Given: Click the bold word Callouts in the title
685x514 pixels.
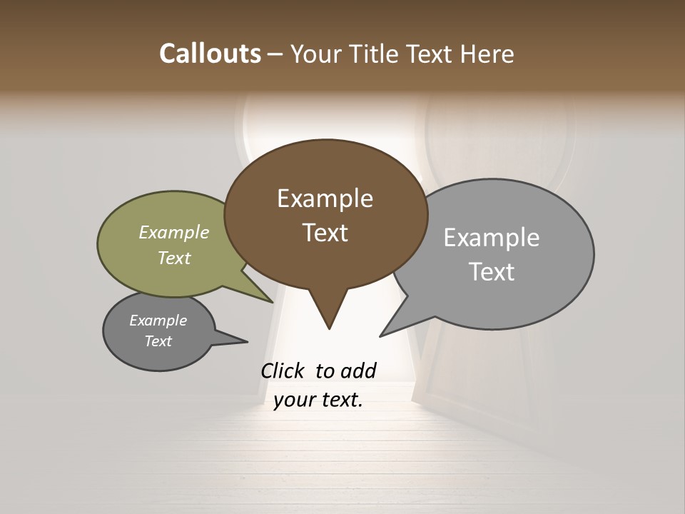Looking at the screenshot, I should coord(210,54).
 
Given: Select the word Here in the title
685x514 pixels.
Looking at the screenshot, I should coord(488,54).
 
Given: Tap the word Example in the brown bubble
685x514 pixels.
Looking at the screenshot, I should coord(325,198).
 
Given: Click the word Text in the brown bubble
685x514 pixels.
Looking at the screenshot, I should coord(325,233).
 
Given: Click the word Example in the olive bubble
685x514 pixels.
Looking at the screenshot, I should coord(174,233).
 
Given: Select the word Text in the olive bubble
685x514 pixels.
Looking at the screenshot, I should coord(174,258).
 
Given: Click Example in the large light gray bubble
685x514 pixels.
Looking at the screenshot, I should coord(491,238).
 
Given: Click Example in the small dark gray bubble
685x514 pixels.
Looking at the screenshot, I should coord(158,321).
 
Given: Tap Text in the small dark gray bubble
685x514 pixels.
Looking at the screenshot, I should coord(158,341).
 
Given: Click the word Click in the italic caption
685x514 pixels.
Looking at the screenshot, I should coord(283,371).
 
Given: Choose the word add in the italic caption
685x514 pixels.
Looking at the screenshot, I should coord(357,371).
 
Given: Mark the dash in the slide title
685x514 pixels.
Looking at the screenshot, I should coord(276,54).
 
